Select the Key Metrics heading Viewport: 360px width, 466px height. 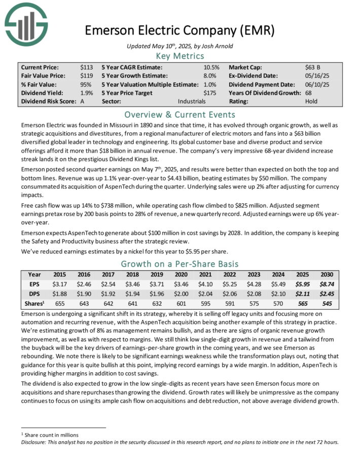(x=179, y=56)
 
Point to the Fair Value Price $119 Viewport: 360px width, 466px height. (x=87, y=76)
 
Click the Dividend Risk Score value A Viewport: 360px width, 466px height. (x=83, y=101)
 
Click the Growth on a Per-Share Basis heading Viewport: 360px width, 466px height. (x=179, y=264)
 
